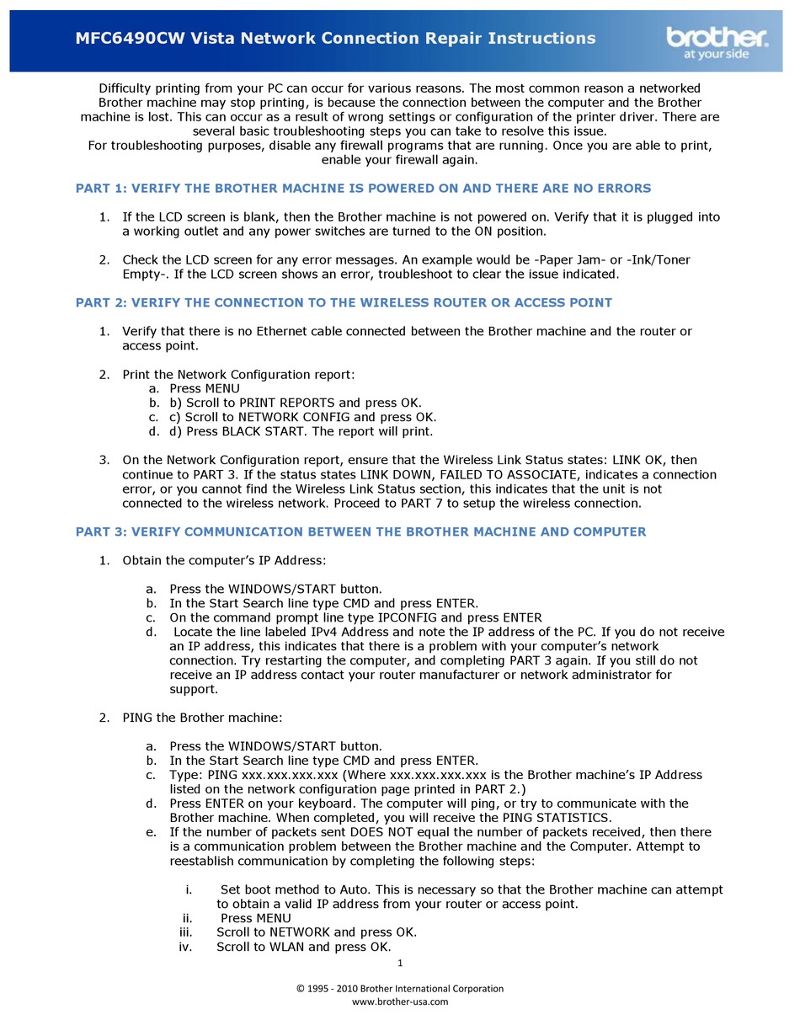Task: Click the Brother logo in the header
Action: click(x=717, y=40)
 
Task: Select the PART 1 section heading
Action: click(x=363, y=188)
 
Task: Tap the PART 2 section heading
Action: click(x=344, y=302)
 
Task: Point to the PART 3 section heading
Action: click(x=360, y=531)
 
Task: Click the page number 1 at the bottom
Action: click(x=400, y=963)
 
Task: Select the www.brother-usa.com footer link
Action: click(x=400, y=1001)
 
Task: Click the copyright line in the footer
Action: click(x=400, y=988)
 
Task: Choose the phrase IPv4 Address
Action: click(x=348, y=632)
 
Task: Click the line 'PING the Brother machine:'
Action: click(x=202, y=718)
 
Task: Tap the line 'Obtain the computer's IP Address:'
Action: click(x=224, y=560)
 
